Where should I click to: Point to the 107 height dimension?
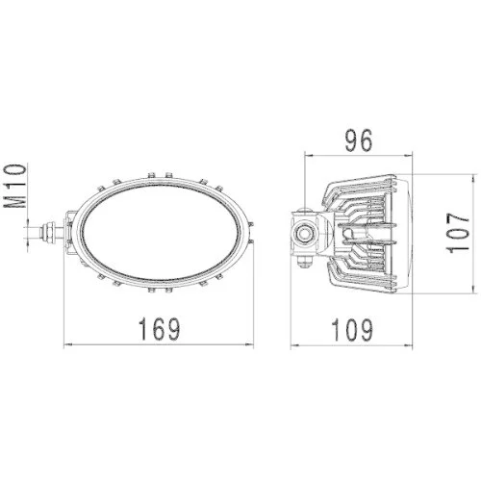[461, 233]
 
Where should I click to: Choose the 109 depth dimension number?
[353, 329]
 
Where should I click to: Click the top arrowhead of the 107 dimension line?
[477, 179]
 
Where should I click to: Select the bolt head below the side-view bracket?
[308, 261]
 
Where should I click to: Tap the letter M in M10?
[14, 203]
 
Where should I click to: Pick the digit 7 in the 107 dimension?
[461, 216]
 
